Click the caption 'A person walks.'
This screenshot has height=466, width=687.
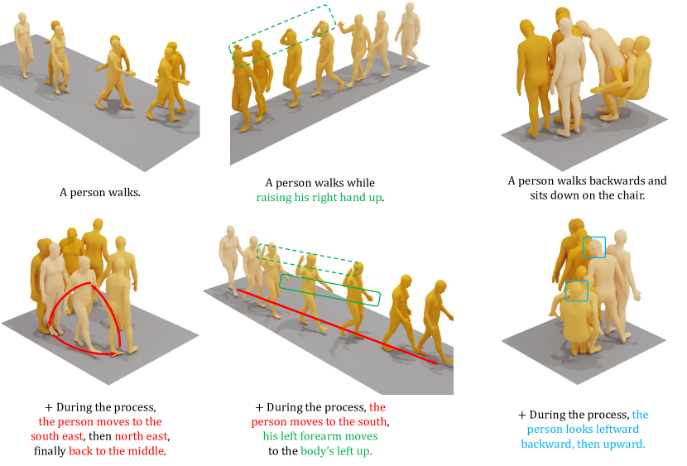point(100,192)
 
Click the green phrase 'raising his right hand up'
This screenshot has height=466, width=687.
point(319,198)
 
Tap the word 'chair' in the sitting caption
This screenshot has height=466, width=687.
point(629,195)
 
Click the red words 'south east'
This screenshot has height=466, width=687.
point(56,436)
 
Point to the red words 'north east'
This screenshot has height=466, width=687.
point(141,436)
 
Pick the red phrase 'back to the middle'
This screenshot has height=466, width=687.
point(117,451)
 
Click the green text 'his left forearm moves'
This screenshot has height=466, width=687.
point(320,436)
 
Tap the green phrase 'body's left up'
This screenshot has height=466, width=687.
point(335,451)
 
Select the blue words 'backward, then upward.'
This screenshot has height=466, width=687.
point(583,444)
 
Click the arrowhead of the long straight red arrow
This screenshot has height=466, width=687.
point(435,362)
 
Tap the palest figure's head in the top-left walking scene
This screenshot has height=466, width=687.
point(22,18)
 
